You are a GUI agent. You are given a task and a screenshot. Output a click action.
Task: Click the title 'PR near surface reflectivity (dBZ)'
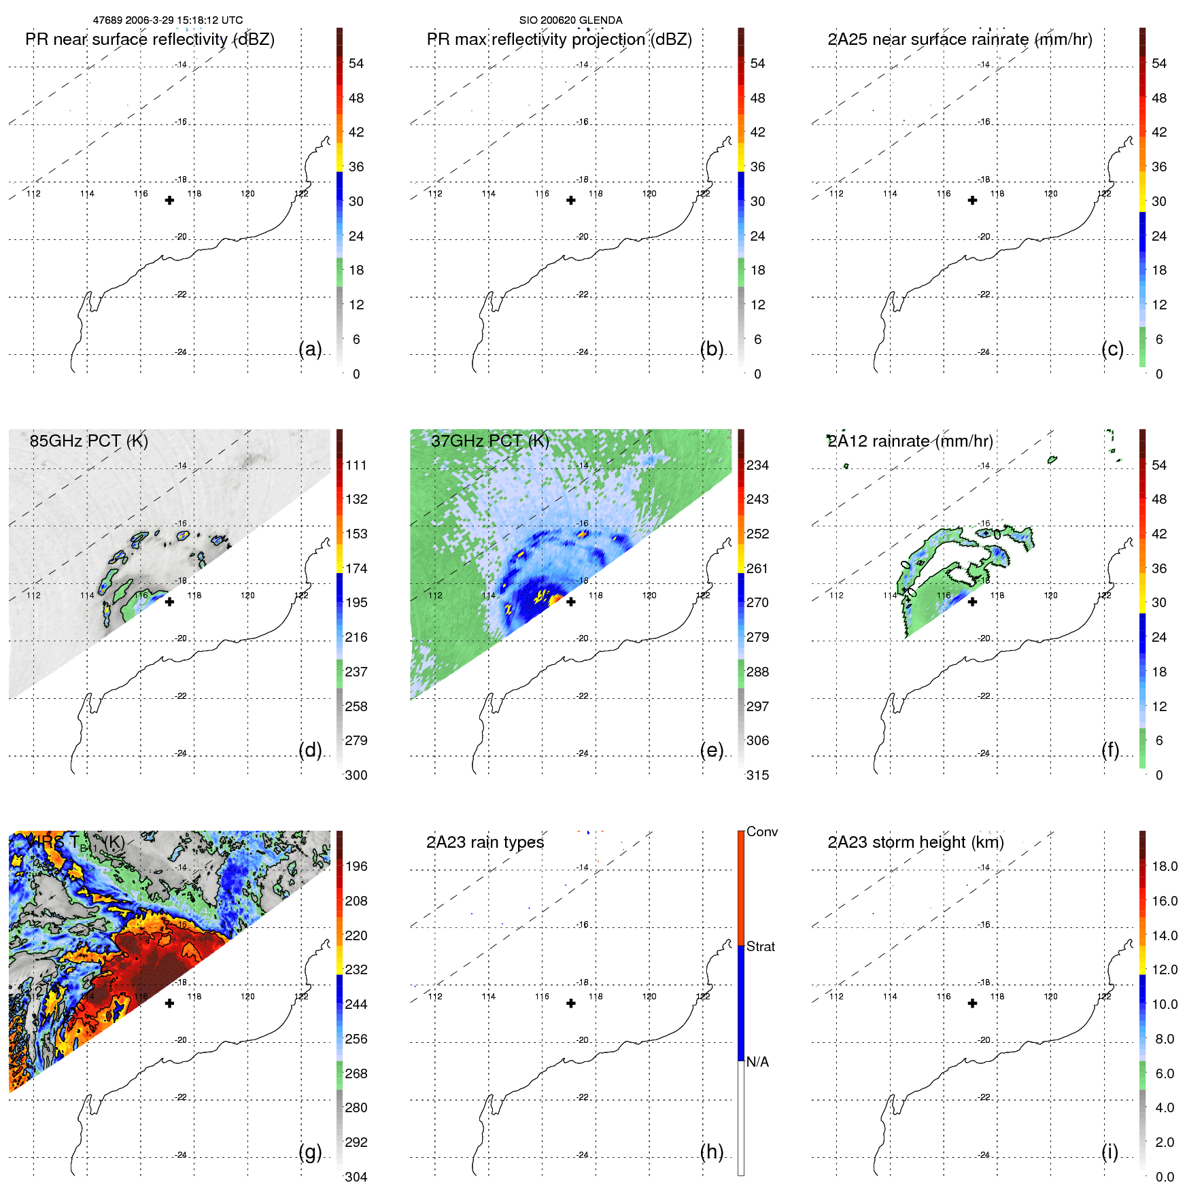coord(150,39)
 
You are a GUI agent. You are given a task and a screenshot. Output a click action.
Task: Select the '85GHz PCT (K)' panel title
coord(88,441)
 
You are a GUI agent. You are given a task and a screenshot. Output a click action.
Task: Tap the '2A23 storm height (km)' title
coord(916,842)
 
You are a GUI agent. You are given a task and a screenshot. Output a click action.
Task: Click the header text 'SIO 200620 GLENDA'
coord(570,20)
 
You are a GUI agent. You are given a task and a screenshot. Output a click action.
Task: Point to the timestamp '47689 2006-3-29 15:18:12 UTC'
coord(168,20)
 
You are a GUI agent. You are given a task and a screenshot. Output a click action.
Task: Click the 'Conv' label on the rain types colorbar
coord(762,831)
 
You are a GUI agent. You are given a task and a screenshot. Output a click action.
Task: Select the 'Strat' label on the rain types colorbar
coord(761,946)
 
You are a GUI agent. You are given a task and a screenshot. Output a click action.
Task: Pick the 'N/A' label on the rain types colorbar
coord(757,1062)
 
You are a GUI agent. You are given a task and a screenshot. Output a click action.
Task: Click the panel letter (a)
coord(310,349)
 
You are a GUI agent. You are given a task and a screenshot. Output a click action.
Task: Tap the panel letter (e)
coord(712,750)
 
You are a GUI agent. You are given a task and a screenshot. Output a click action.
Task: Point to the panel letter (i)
coord(1110,1152)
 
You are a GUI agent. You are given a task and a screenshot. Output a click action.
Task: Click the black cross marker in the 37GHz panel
coord(571,602)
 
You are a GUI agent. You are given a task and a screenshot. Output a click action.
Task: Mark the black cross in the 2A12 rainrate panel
coord(973,602)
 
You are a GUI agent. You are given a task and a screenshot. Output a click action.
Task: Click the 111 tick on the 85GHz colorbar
coord(356,465)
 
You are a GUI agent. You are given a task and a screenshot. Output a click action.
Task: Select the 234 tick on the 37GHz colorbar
coord(757,465)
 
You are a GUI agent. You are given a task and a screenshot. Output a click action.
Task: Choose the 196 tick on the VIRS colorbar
coord(356,866)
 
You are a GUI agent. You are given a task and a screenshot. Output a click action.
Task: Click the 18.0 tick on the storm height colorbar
coord(1165,866)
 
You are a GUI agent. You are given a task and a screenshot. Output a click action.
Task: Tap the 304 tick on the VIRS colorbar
coord(356,1177)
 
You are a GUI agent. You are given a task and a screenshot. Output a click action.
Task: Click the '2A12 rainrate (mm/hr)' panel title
coord(910,441)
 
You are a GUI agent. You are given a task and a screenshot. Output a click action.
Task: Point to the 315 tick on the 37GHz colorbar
coord(757,775)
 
